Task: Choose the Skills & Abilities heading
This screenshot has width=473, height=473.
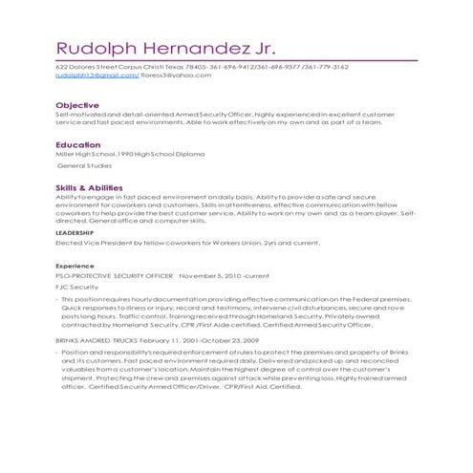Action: point(94,186)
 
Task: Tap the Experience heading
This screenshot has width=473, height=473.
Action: point(75,265)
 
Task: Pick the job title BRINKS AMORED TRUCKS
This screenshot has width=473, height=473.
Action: point(97,339)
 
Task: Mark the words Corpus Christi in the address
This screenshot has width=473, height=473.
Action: point(153,68)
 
